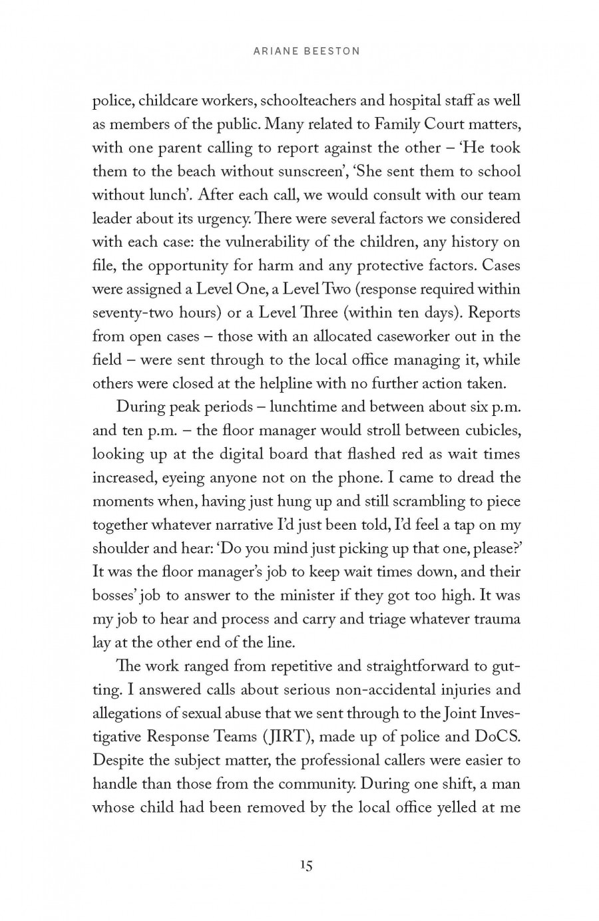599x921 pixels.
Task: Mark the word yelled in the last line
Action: (469, 807)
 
